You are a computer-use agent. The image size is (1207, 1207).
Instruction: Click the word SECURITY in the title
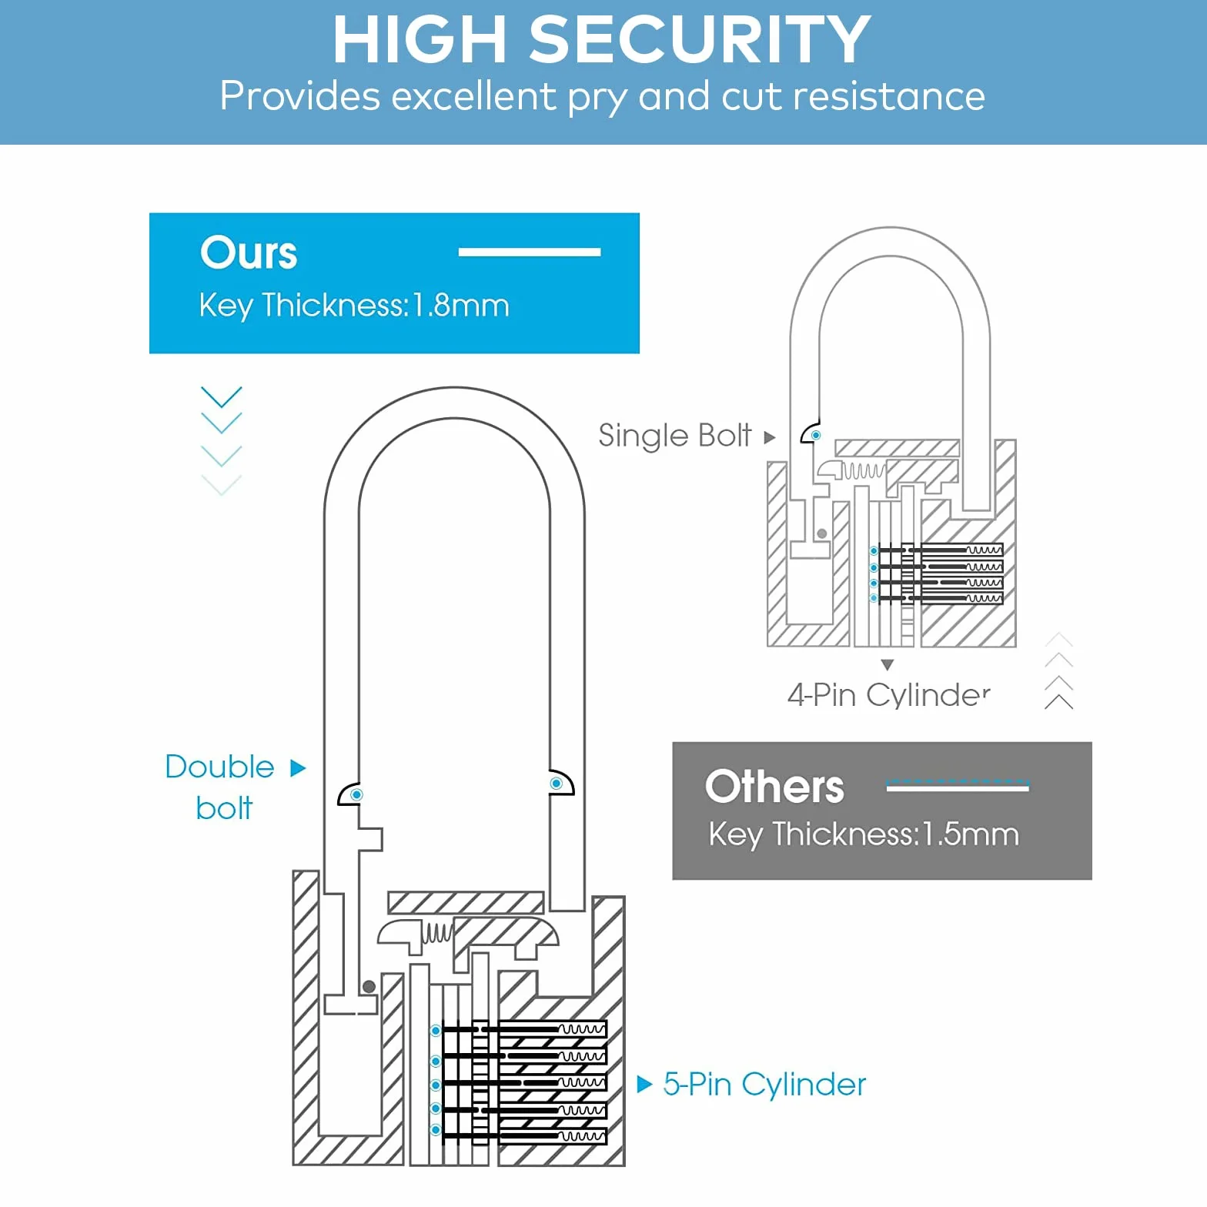pos(700,39)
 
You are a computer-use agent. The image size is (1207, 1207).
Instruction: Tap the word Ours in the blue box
pos(249,252)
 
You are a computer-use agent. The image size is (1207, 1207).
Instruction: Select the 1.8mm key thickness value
pos(461,306)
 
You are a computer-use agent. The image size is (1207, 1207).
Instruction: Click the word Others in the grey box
pos(774,787)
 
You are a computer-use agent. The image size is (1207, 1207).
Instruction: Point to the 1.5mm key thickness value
pos(971,834)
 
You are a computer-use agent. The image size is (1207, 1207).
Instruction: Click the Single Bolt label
pos(674,436)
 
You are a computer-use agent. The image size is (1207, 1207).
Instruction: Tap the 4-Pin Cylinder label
pos(888,695)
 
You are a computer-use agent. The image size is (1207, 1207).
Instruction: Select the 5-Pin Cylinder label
pos(764,1085)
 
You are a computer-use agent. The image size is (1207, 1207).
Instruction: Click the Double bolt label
pos(220,787)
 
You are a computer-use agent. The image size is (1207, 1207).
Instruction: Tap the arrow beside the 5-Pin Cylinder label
pos(645,1085)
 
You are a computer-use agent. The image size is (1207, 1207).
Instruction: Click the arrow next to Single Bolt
pos(769,437)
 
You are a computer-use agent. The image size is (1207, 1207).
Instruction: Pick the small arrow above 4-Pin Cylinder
pos(888,664)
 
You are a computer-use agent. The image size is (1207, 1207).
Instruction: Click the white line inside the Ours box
pos(530,252)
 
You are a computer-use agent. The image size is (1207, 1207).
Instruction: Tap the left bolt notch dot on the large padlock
pos(356,794)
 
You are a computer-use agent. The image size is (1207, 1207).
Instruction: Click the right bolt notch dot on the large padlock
pos(557,784)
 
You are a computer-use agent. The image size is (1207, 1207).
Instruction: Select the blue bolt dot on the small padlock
pos(816,436)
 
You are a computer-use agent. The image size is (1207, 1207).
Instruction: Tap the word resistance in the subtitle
pos(889,97)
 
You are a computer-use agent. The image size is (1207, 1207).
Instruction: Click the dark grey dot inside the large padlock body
pos(369,987)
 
